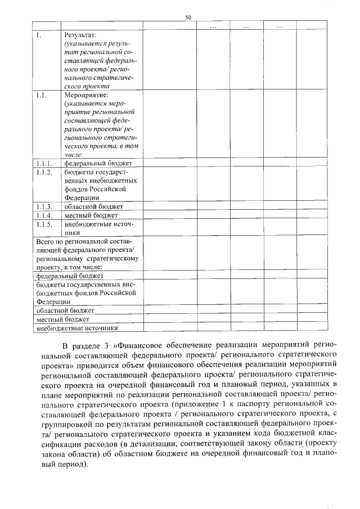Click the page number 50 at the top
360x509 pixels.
188,18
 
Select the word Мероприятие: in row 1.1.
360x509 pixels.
86,96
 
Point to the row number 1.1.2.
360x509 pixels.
43,172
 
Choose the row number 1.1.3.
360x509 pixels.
43,206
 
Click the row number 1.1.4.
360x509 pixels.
43,215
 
